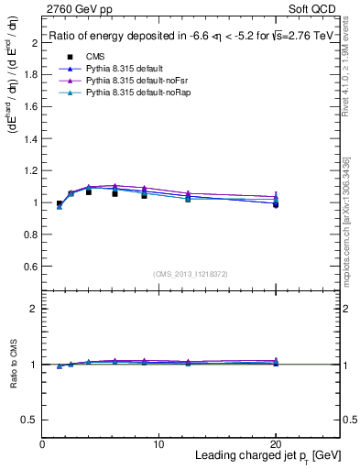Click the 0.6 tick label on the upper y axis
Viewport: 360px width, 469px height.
[x=30, y=266]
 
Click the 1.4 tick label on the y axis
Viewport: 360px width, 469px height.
[x=30, y=138]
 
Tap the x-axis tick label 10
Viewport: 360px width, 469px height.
[x=159, y=443]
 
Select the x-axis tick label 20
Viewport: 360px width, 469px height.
[x=276, y=443]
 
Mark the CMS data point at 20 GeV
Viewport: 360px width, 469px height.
[x=276, y=204]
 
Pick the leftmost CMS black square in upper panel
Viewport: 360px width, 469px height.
[x=60, y=204]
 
